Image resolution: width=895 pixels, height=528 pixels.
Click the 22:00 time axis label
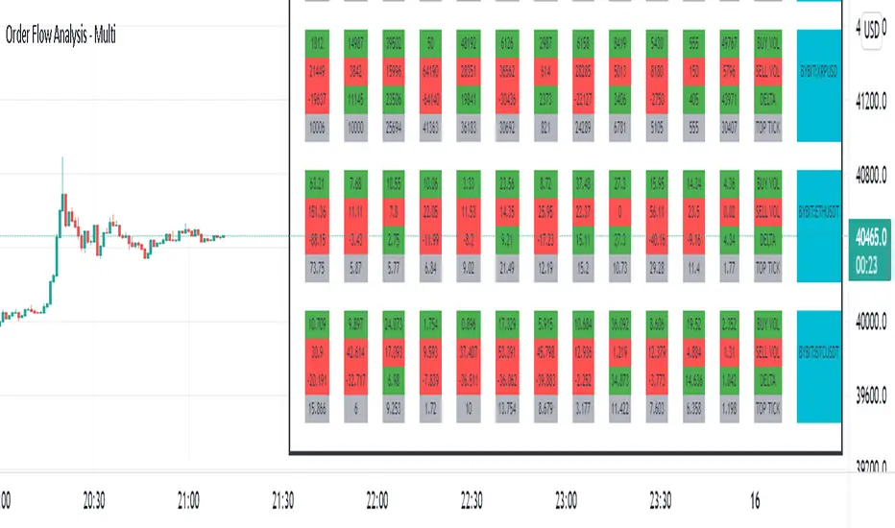[x=377, y=500]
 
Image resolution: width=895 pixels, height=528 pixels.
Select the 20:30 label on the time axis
[x=94, y=500]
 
